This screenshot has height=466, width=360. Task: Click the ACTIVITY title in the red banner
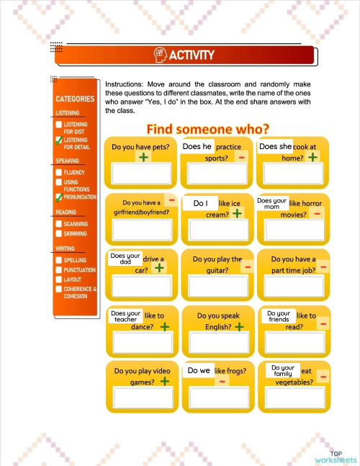tap(191, 55)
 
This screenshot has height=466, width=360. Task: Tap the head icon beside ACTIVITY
tap(160, 55)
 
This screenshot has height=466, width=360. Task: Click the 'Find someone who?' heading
tap(208, 130)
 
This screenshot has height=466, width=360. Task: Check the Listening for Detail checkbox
tap(59, 140)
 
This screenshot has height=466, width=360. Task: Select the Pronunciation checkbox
tap(59, 197)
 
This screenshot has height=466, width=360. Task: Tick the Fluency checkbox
tap(59, 173)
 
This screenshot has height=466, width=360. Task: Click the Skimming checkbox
tap(59, 234)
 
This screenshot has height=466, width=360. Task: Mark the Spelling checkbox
tap(59, 260)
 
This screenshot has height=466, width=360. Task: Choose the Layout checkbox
tap(59, 279)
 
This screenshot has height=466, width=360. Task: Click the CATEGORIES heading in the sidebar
tap(75, 99)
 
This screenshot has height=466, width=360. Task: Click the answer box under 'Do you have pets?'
tap(141, 173)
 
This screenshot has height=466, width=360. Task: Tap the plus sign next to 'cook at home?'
tap(313, 156)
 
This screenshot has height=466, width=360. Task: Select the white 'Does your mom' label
tap(272, 204)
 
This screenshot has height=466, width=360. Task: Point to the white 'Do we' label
tap(198, 371)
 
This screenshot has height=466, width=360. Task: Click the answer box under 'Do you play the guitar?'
tap(218, 286)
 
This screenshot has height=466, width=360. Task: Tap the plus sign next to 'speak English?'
tap(239, 327)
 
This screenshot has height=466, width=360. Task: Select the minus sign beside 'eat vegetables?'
tap(323, 377)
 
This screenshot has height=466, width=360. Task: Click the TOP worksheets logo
tap(336, 455)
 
